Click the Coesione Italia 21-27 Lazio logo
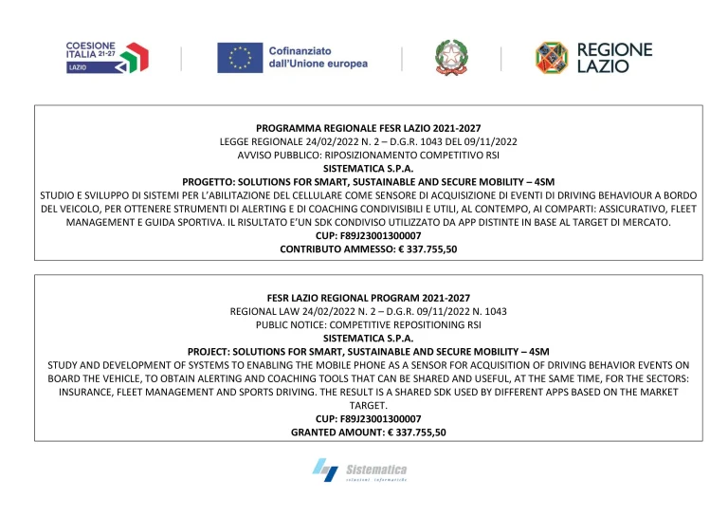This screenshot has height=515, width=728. [x=106, y=58]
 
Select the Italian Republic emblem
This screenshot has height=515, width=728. [x=451, y=57]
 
